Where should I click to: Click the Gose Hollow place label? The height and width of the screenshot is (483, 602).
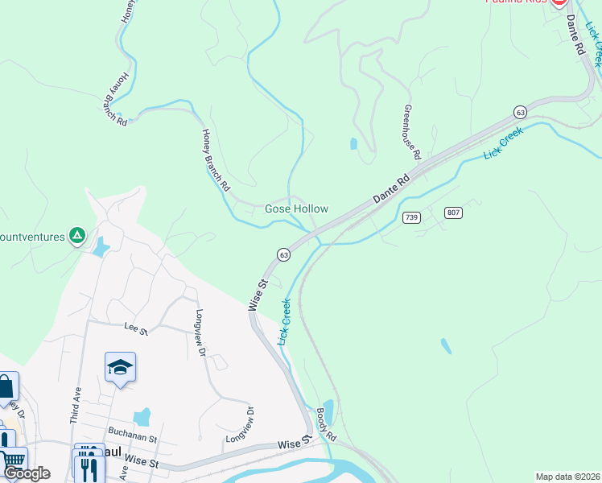click(296, 208)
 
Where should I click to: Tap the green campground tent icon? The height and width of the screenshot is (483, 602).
click(76, 235)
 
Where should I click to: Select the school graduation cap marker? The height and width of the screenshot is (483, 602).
click(120, 367)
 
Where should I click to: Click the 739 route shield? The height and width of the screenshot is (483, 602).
click(411, 217)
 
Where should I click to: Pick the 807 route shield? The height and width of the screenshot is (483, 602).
click(453, 213)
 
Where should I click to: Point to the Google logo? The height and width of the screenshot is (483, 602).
click(27, 473)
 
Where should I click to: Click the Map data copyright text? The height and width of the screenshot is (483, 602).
click(567, 477)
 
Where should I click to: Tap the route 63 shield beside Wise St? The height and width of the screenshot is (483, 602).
click(283, 254)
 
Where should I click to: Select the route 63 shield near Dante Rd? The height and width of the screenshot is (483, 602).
click(521, 112)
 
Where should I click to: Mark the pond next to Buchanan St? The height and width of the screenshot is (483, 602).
click(142, 416)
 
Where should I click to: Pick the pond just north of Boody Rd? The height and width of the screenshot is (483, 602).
click(328, 409)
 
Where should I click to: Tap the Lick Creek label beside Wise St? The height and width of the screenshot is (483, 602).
click(284, 322)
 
